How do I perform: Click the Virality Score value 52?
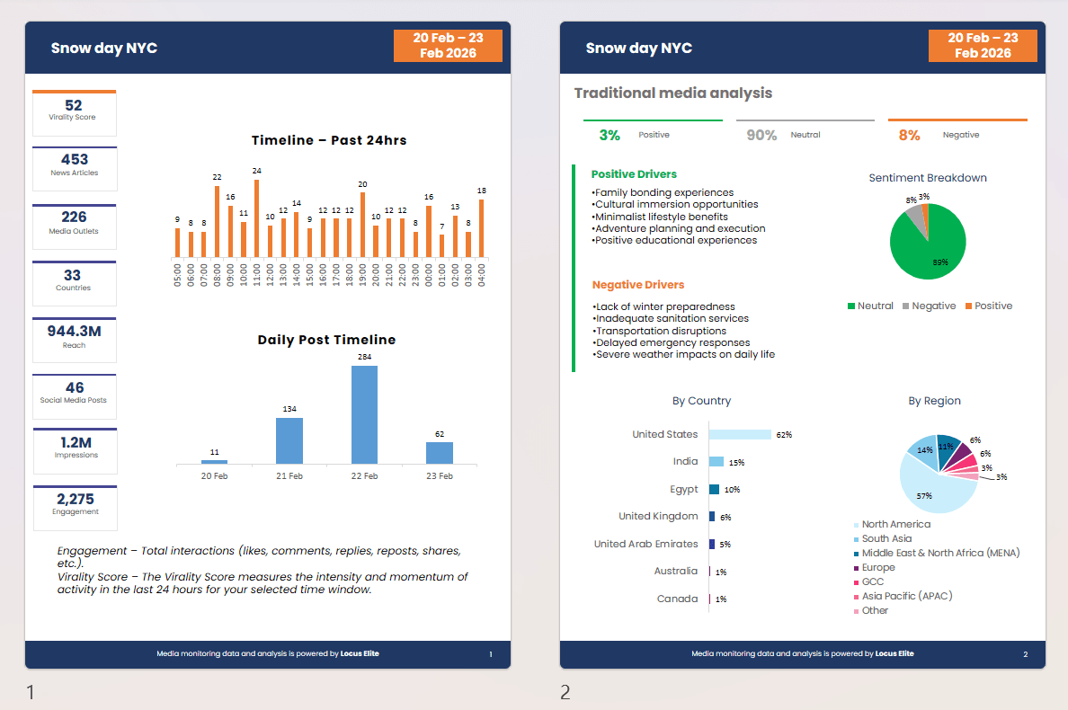pos(74,105)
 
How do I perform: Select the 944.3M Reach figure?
pos(75,332)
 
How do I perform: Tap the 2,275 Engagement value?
pos(75,499)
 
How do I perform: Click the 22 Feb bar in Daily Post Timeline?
pos(364,414)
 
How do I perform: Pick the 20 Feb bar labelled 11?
pos(215,462)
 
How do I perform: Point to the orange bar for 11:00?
pos(257,217)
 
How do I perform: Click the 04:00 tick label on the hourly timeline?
pos(482,276)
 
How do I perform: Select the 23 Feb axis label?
pos(440,475)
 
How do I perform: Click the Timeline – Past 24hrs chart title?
pos(329,140)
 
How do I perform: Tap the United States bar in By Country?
pos(740,434)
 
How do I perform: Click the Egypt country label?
pos(684,489)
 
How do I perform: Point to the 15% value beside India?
pos(736,462)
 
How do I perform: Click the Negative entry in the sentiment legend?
pos(929,306)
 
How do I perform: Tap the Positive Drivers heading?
pos(634,174)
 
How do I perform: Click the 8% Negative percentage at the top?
pos(909,135)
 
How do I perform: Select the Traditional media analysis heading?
pos(673,93)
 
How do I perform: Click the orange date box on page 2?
pos(983,46)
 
